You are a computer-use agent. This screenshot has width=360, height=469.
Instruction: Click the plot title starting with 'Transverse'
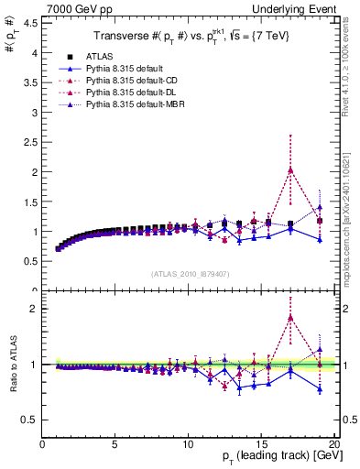click(x=188, y=37)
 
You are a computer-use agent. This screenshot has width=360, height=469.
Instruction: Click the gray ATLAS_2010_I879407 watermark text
click(x=189, y=274)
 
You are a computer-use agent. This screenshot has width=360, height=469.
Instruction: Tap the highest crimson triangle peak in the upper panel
click(x=290, y=169)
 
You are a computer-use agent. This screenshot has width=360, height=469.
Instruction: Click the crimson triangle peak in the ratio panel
click(x=290, y=318)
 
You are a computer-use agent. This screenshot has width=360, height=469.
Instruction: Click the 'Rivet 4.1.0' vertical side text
click(x=353, y=55)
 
